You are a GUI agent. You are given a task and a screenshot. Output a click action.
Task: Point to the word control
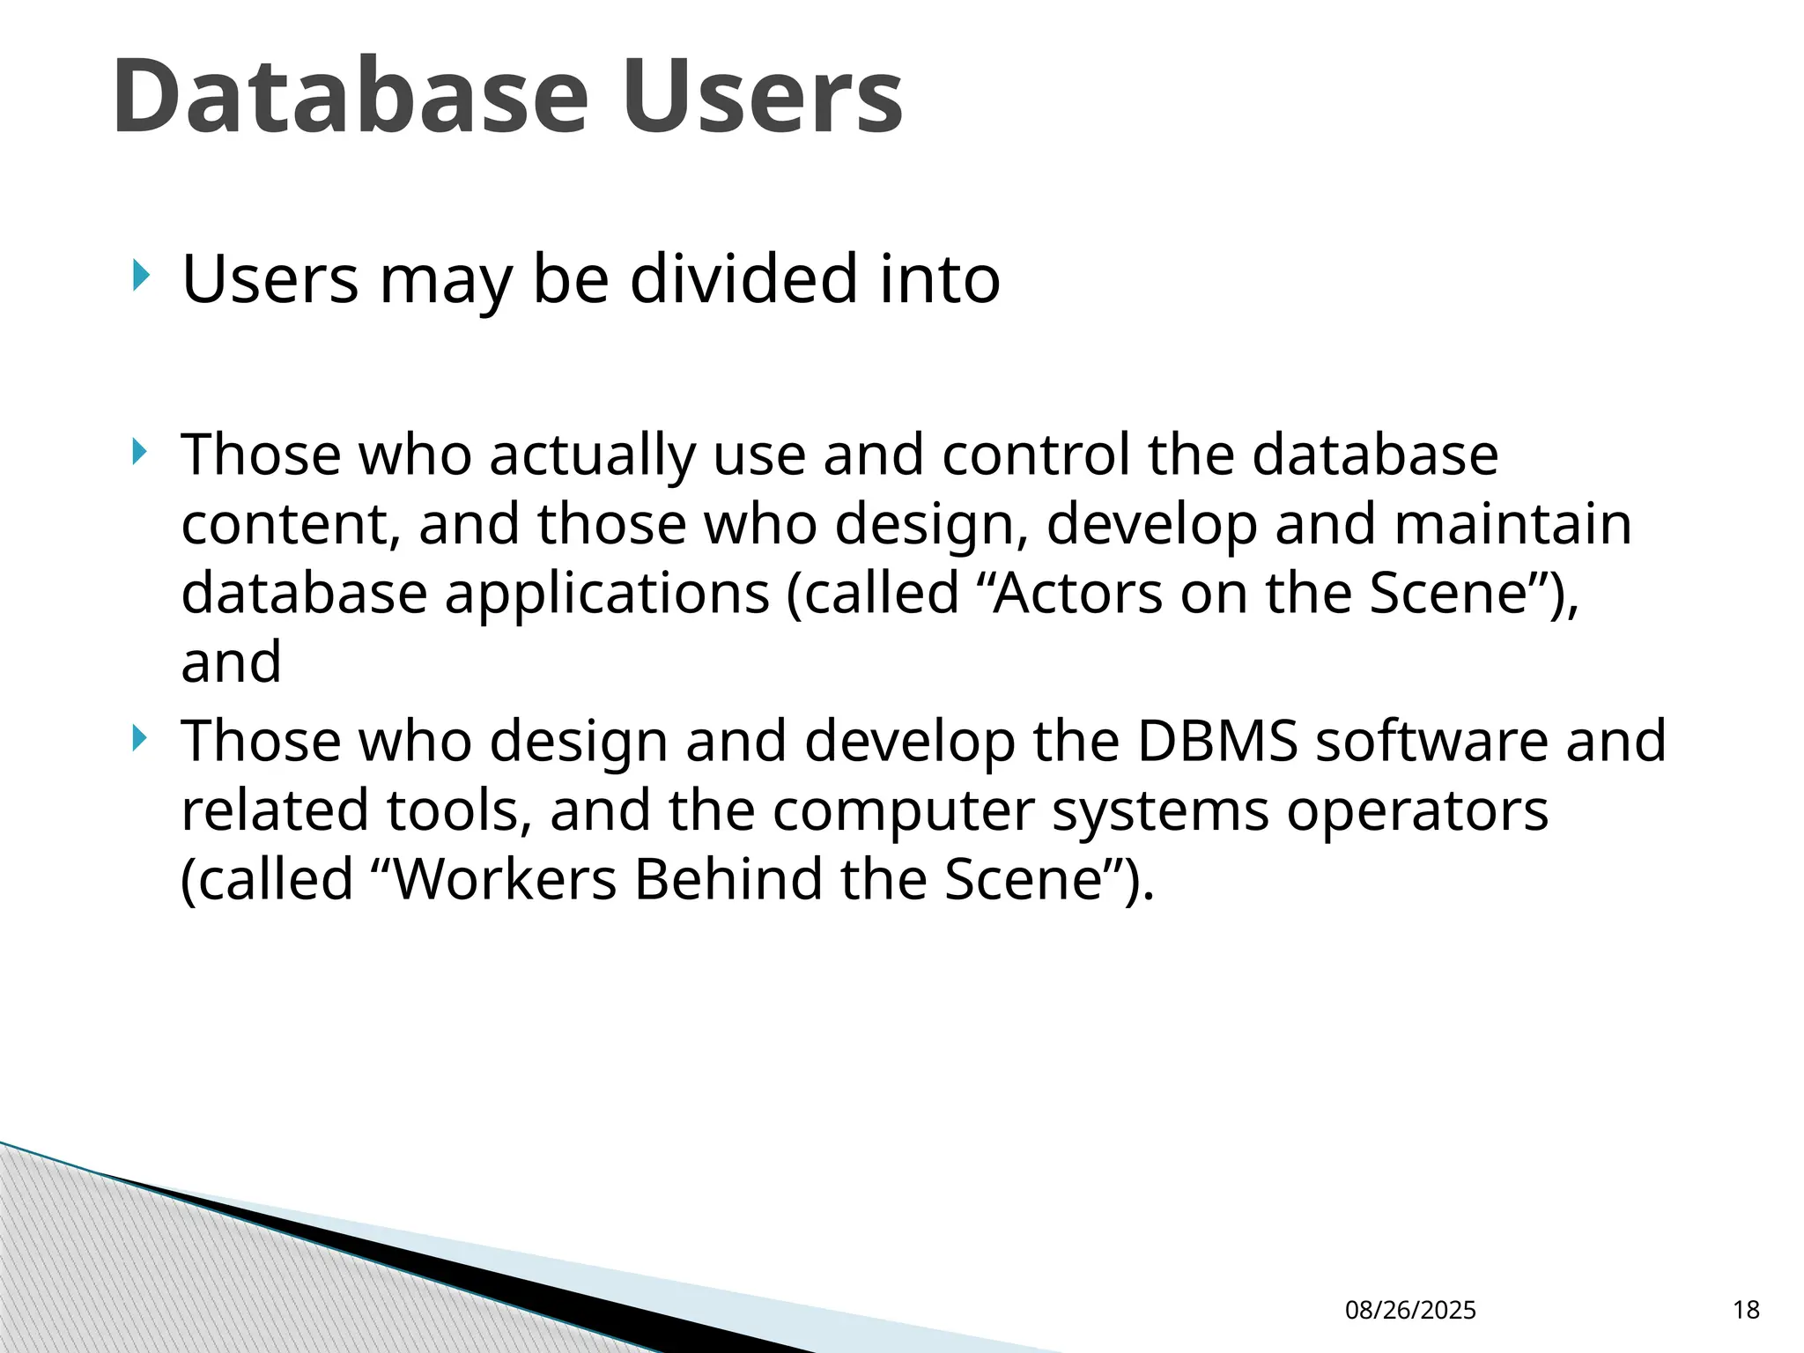click(1035, 455)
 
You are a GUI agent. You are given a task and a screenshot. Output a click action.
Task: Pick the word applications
click(607, 594)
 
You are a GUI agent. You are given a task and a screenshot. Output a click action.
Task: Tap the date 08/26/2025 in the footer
click(1410, 1311)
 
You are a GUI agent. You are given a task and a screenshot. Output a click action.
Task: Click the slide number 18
click(1746, 1311)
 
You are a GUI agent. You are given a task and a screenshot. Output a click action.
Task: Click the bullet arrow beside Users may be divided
click(139, 276)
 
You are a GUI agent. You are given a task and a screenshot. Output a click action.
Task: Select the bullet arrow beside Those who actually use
click(139, 453)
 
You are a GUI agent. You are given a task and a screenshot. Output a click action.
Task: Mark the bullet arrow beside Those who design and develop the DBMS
click(139, 738)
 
